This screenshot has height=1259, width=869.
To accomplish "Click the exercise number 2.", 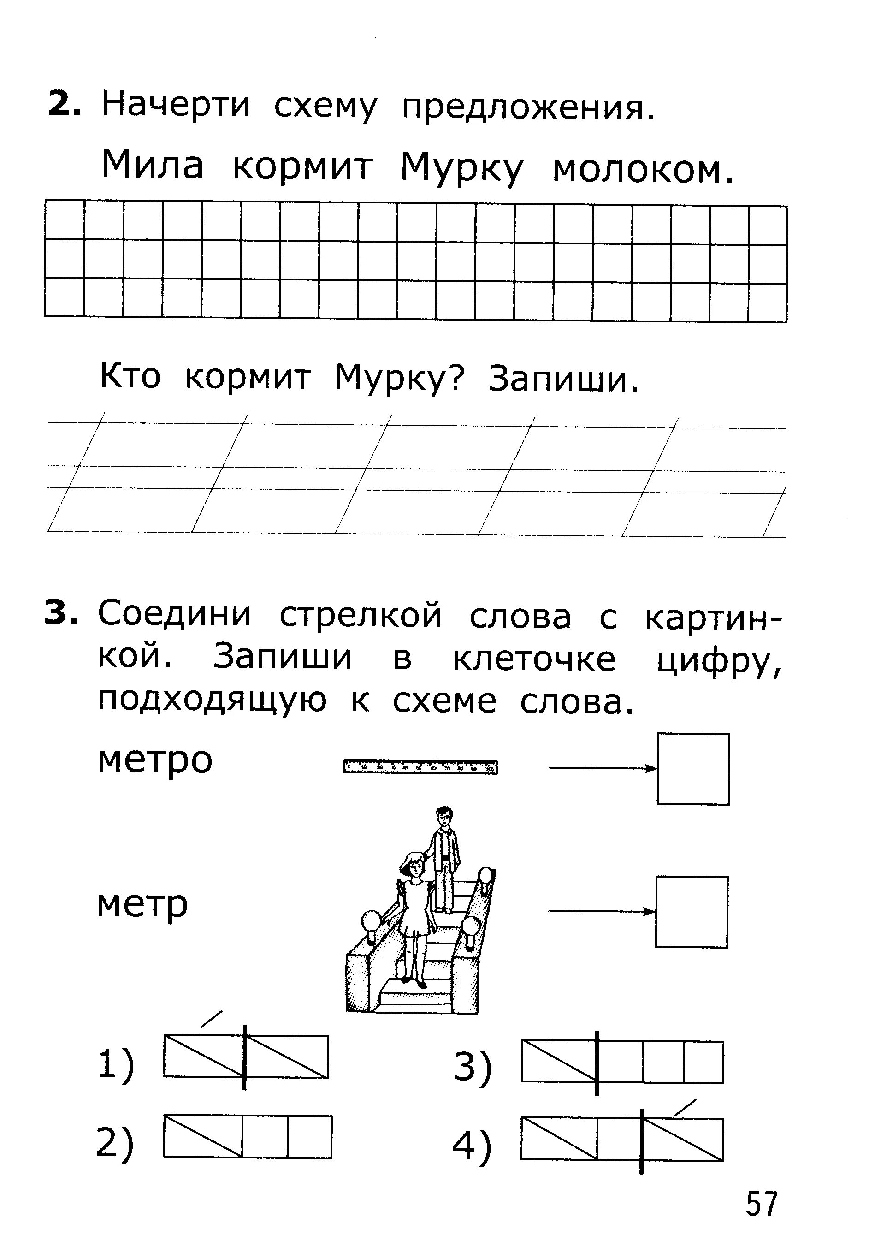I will pos(64,103).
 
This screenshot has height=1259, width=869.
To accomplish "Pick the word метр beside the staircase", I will pos(142,904).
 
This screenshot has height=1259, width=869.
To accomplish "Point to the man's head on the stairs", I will pos(444,815).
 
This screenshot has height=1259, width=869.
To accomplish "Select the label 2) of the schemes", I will pos(114,1142).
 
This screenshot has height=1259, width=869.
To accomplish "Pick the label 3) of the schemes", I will pos(472,1066).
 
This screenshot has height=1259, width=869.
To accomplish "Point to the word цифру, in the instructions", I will pos(719,660).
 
